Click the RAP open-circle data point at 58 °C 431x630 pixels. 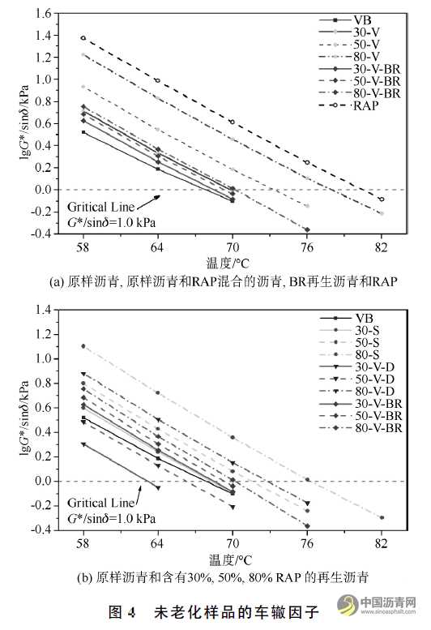[83, 38]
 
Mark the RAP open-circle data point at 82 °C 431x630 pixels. [381, 199]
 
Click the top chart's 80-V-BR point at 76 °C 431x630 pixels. [306, 229]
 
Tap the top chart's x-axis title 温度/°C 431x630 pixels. [230, 263]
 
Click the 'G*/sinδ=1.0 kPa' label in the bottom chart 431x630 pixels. [112, 516]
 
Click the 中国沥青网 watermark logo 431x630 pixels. [378, 607]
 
